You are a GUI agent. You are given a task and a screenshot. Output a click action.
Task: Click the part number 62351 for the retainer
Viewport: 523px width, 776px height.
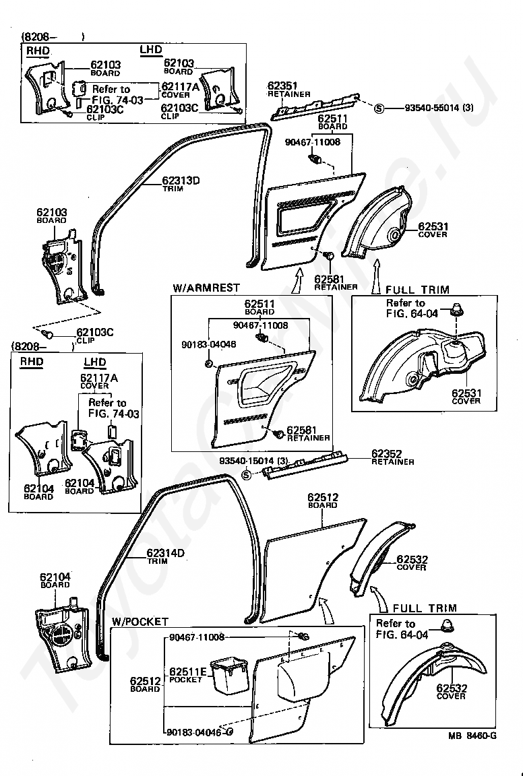tap(282, 86)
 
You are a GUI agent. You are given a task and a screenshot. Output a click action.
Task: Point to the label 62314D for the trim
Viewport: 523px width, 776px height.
tap(166, 554)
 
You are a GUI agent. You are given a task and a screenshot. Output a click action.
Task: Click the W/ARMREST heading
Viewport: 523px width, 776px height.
tap(206, 288)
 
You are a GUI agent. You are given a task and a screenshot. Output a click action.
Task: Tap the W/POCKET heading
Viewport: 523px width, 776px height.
tap(140, 622)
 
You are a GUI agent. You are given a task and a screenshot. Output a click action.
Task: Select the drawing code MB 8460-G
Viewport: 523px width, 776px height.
tap(472, 736)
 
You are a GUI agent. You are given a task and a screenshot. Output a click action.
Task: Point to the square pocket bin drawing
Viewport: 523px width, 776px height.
tap(228, 676)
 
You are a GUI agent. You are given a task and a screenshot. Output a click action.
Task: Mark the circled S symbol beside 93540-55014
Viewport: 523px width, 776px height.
tap(379, 108)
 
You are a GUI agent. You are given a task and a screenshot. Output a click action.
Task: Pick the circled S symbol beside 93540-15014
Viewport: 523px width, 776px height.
tap(246, 475)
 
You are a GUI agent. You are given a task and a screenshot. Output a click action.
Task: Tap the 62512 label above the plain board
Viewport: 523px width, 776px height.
tap(324, 497)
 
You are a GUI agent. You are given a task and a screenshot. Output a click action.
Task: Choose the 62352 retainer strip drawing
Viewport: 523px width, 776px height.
tap(307, 466)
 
